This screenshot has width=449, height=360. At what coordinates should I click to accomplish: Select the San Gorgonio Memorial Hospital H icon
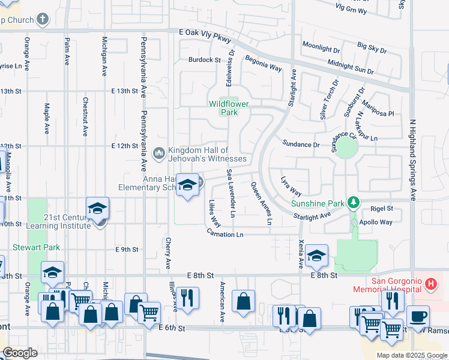click(x=430, y=284)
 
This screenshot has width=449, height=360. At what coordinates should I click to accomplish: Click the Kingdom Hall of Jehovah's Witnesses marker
click(x=159, y=154)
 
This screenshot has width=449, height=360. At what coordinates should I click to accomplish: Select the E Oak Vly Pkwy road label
click(x=205, y=35)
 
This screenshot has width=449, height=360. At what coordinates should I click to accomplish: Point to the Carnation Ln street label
click(x=226, y=234)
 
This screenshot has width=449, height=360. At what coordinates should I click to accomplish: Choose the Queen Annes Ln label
click(x=262, y=204)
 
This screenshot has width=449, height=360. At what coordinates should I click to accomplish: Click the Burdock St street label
click(x=205, y=59)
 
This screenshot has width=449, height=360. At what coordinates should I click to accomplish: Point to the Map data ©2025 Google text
click(x=411, y=355)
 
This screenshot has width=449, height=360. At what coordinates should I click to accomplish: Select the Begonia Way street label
click(x=263, y=63)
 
